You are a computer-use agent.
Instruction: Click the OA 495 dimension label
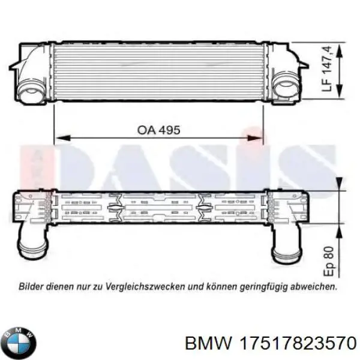pos(158,130)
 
